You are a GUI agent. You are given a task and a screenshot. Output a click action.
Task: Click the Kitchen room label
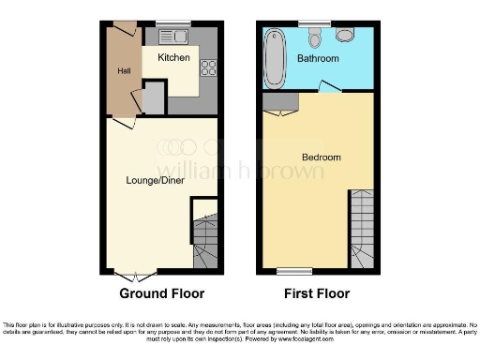click(173, 58)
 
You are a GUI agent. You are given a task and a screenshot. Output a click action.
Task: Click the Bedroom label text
click(321, 157)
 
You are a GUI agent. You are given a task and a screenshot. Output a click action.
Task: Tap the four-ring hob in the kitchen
click(209, 67)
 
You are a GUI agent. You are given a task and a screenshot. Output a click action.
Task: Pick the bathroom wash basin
click(344, 35)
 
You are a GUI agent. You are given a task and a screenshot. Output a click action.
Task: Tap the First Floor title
click(319, 293)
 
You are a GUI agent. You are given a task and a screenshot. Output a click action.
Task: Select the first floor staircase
click(362, 230)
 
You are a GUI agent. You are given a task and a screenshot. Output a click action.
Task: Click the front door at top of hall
click(124, 28)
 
